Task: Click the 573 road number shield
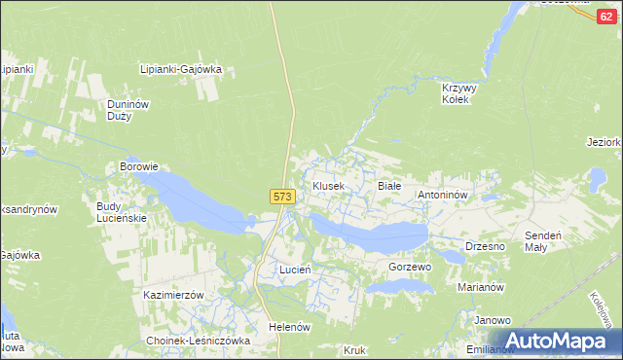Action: [x=281, y=197]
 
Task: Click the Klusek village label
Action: [x=328, y=186]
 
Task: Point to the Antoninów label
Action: [x=444, y=195]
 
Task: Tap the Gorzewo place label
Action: [x=410, y=267]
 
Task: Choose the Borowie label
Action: [x=138, y=166]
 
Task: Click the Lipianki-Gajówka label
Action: [x=182, y=70]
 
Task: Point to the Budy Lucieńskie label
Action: [x=121, y=212]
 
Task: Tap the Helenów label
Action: [x=289, y=327]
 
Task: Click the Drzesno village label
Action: [x=485, y=246]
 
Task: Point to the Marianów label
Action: [x=480, y=288]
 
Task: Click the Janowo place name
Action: [x=493, y=320]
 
